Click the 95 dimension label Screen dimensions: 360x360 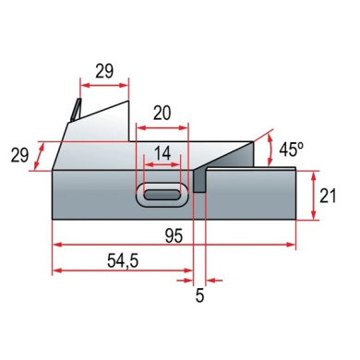174,236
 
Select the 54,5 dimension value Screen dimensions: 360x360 123,261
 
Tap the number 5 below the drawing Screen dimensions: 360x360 199,295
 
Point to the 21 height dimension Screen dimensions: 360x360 328,196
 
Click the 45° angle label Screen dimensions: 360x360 291,150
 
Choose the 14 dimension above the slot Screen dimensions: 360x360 162,153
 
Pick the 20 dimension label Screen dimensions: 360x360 162,114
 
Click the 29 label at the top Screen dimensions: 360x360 104,71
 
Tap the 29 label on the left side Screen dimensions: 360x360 19,155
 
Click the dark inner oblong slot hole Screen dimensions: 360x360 162,195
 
